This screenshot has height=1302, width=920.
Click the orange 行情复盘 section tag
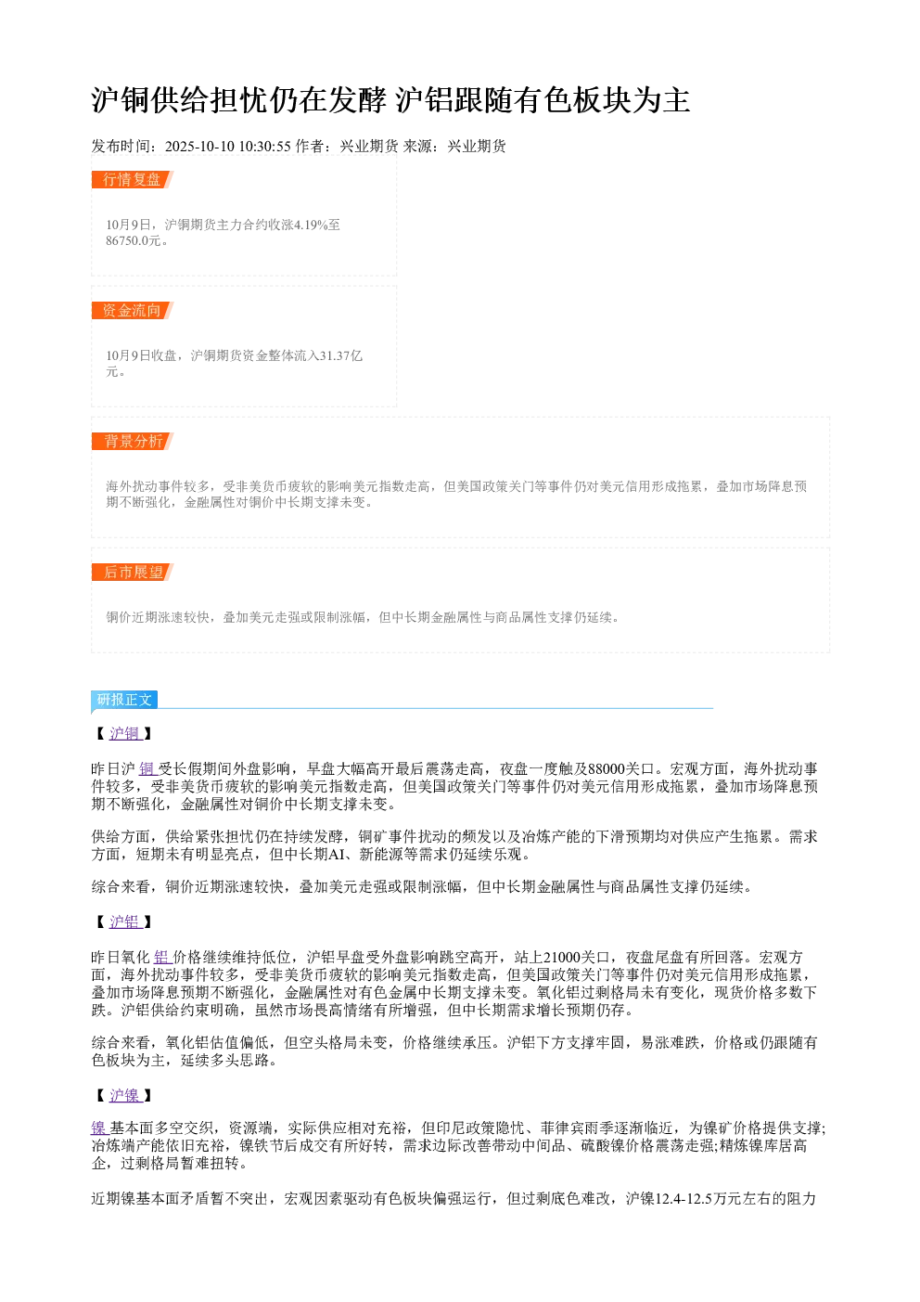click(x=133, y=180)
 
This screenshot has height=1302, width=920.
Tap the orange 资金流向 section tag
click(x=133, y=310)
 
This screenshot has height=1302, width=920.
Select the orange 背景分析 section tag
click(x=133, y=441)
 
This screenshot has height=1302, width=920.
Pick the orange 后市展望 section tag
click(x=133, y=572)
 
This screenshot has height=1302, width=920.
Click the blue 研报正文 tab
click(x=124, y=699)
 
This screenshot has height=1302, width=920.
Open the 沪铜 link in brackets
click(x=125, y=733)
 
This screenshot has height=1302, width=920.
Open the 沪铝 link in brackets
click(x=125, y=922)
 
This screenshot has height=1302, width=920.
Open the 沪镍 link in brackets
click(x=125, y=1096)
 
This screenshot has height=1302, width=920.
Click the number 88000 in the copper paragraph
click(x=607, y=769)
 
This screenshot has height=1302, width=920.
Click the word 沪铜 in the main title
click(x=121, y=100)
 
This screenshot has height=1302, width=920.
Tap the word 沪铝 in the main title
click(x=425, y=100)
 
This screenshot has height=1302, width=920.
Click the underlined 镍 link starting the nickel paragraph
click(x=100, y=1128)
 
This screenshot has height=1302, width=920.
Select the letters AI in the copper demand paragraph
click(x=337, y=855)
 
